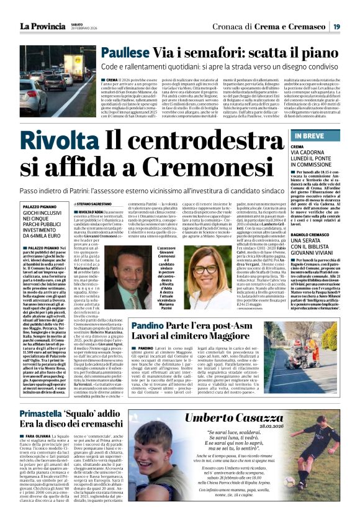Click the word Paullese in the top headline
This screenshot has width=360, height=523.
click(124, 53)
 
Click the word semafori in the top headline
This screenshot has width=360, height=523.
click(211, 53)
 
